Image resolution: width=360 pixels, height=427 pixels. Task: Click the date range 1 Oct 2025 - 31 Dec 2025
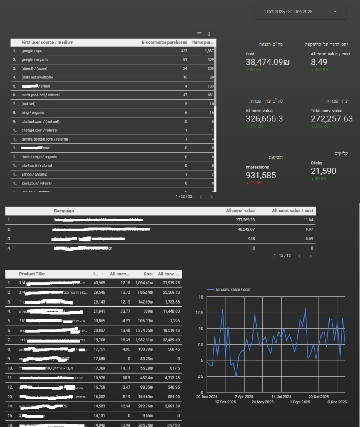(288, 12)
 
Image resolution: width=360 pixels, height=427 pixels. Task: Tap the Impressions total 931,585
(261, 175)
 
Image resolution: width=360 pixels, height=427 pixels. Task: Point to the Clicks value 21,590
(323, 171)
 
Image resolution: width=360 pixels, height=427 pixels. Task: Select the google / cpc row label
(32, 51)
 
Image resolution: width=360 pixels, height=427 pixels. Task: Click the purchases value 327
(184, 51)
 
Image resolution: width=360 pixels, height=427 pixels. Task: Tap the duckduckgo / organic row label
(39, 157)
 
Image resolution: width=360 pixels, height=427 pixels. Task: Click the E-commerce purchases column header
(165, 43)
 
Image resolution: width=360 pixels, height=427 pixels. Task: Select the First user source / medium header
(47, 43)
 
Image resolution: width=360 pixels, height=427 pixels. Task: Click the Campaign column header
(64, 211)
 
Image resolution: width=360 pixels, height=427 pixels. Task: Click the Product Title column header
(32, 274)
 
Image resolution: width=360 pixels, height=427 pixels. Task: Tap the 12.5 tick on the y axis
(200, 313)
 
